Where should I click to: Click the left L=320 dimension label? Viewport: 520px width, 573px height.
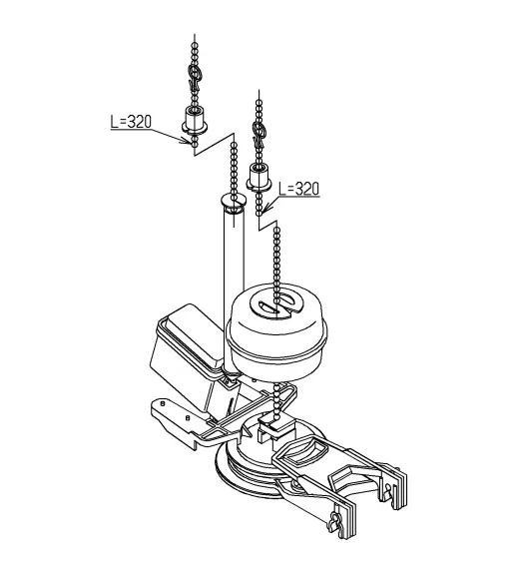coord(131,122)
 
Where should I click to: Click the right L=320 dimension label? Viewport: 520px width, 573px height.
coord(298,189)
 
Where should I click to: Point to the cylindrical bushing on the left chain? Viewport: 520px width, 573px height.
coord(195,119)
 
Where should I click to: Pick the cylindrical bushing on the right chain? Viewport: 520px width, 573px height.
coord(260,177)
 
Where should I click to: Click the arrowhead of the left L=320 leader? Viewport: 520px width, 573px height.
coord(188,140)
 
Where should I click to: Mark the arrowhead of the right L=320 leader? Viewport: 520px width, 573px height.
coord(266,209)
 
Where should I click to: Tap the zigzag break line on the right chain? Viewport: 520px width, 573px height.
coord(267,224)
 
